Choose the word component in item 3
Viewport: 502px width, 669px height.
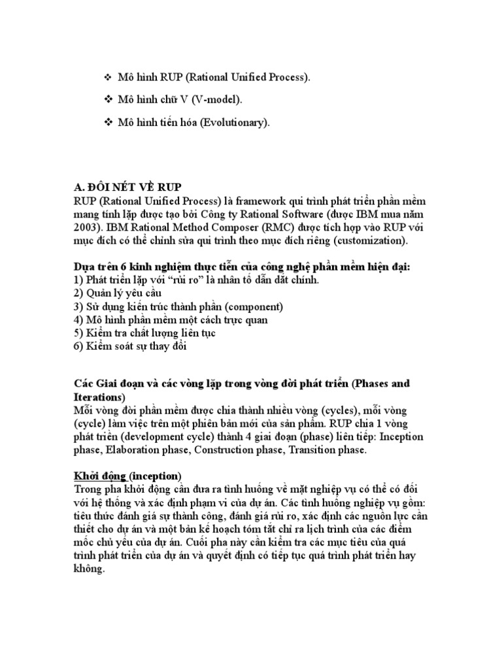pyautogui.click(x=248, y=306)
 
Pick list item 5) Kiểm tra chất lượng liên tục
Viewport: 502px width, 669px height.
pyautogui.click(x=144, y=333)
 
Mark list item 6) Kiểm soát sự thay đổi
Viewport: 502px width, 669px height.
pyautogui.click(x=130, y=346)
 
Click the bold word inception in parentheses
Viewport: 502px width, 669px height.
pyautogui.click(x=157, y=475)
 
